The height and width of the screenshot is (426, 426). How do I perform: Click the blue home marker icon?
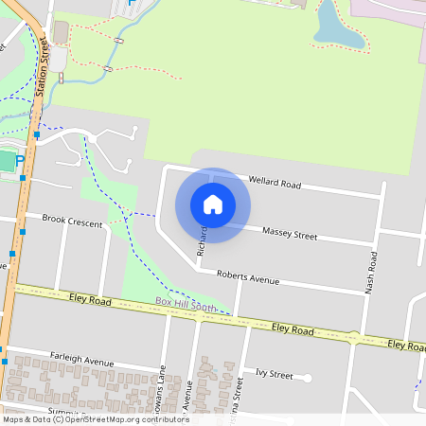point(213,204)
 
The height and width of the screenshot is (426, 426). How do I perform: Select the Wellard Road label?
point(274,183)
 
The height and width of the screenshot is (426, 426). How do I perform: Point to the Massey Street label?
point(289,232)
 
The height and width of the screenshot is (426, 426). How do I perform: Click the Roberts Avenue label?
point(248,278)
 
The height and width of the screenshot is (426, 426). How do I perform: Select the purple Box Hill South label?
point(186,305)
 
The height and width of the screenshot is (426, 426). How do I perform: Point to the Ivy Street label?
point(275,374)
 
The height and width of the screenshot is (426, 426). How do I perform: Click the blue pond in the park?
point(334,26)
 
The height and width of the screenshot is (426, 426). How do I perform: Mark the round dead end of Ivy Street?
point(308,379)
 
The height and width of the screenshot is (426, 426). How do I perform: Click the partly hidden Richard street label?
point(202,241)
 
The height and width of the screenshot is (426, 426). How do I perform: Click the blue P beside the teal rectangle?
point(19,161)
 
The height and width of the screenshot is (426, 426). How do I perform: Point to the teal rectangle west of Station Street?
point(6,162)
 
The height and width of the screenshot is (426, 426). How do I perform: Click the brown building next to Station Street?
point(61,33)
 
